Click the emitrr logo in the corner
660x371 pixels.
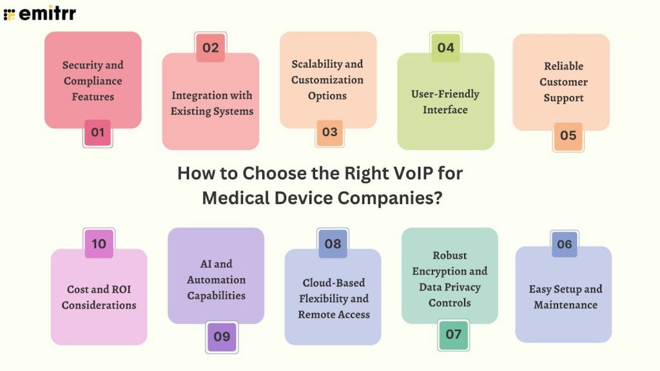pyautogui.click(x=39, y=12)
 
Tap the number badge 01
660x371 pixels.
pyautogui.click(x=97, y=133)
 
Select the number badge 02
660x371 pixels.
pyautogui.click(x=211, y=48)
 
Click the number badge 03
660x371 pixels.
pyautogui.click(x=329, y=132)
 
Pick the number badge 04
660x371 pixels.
pyautogui.click(x=445, y=48)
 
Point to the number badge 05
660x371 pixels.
pyautogui.click(x=568, y=136)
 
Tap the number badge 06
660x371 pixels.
pyautogui.click(x=564, y=244)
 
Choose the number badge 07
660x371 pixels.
pyautogui.click(x=453, y=334)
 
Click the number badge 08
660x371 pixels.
pyautogui.click(x=333, y=244)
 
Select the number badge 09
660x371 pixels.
pyautogui.click(x=222, y=336)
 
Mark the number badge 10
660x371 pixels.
pyautogui.click(x=99, y=244)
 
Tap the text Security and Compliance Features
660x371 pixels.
pyautogui.click(x=93, y=81)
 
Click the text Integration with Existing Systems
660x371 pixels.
pyautogui.click(x=211, y=103)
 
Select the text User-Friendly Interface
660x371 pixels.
pyautogui.click(x=445, y=102)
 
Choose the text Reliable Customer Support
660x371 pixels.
pyautogui.click(x=563, y=82)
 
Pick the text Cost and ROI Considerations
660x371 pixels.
pyautogui.click(x=99, y=297)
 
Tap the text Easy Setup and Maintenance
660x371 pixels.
pyautogui.click(x=565, y=297)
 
